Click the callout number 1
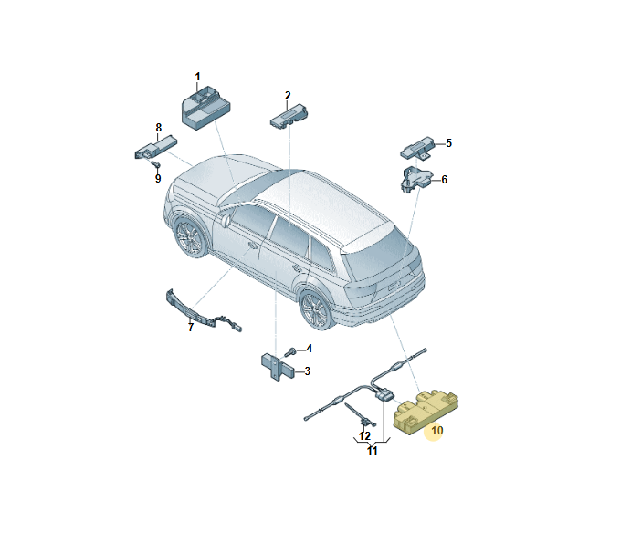point(197,77)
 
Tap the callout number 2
point(288,96)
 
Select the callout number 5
point(448,143)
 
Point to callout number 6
point(445,180)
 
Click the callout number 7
point(191,327)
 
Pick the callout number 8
point(159,128)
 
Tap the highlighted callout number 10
point(437,431)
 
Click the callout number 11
point(373,451)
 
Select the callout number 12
point(364,436)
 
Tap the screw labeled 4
point(289,352)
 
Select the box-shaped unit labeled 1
point(205,108)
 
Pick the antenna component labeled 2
point(289,116)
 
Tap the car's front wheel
point(190,237)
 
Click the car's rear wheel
point(317,309)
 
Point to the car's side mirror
point(225,221)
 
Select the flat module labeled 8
point(156,146)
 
